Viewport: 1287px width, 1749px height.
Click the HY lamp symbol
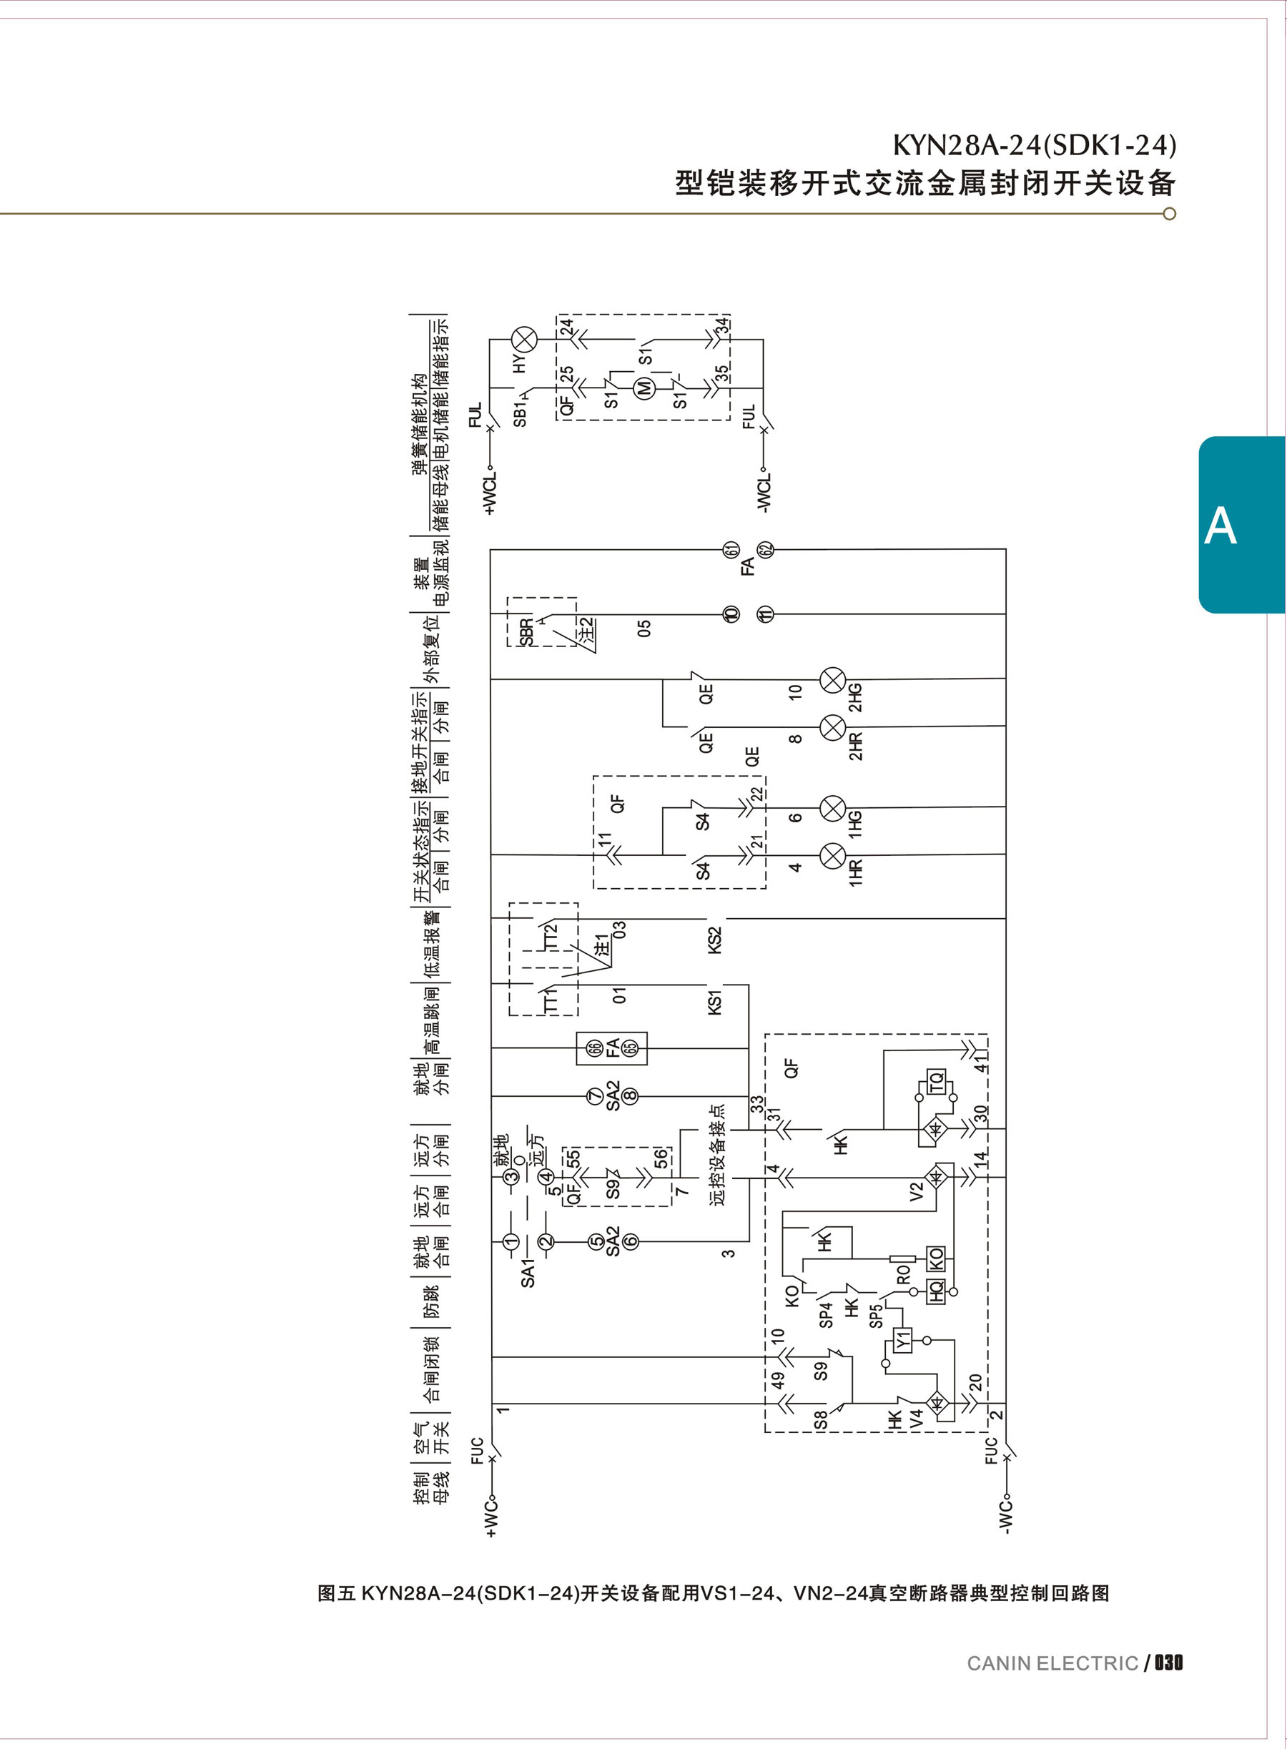click(523, 340)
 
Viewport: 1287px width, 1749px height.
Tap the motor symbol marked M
click(644, 386)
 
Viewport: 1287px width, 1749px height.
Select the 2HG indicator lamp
click(834, 679)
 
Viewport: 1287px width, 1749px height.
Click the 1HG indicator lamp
click(834, 809)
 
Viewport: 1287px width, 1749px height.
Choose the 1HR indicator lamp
click(834, 855)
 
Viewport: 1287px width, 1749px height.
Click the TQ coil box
click(936, 1081)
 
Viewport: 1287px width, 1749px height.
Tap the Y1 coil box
click(902, 1341)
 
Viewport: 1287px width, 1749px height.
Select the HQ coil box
click(936, 1291)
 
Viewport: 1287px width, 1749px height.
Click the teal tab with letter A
click(1220, 526)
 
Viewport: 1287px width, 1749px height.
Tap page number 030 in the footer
click(1168, 1662)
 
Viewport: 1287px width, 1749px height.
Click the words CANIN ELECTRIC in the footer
click(1052, 1663)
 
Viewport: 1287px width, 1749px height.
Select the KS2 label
click(714, 940)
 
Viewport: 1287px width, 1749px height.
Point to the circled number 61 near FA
click(731, 549)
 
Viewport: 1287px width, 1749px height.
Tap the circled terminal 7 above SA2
click(595, 1096)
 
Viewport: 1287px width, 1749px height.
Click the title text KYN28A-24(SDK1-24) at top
click(1034, 146)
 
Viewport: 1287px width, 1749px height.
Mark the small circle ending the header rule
click(1168, 215)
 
